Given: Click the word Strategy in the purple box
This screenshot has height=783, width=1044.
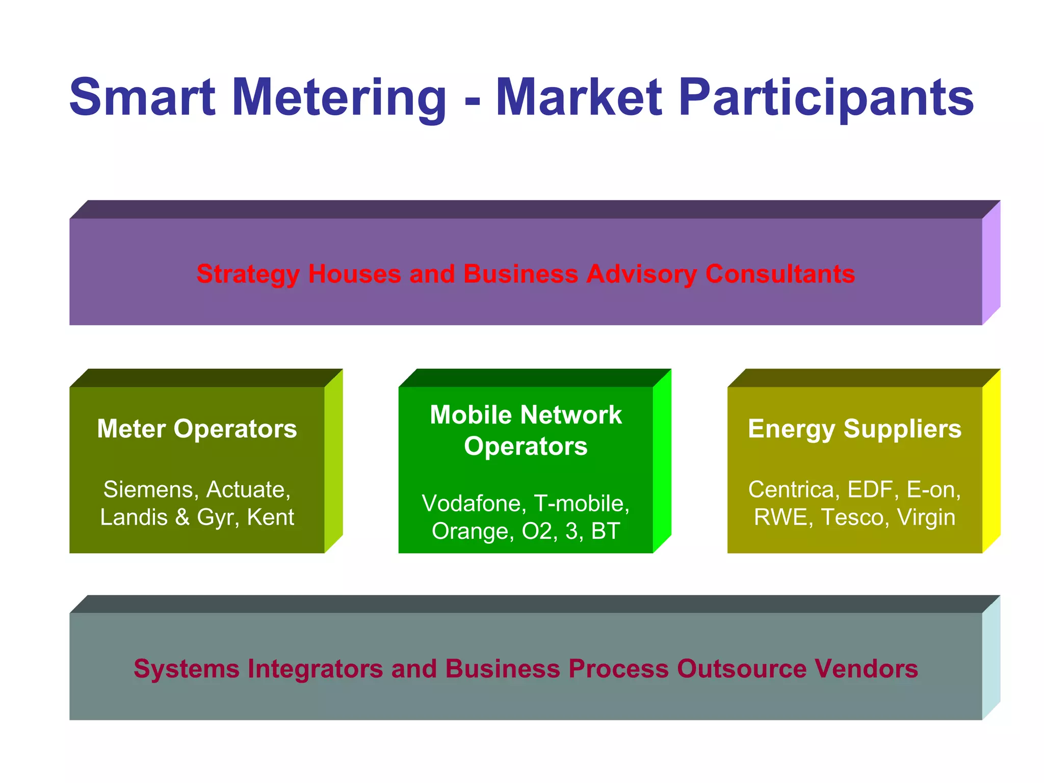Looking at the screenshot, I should click(x=248, y=274).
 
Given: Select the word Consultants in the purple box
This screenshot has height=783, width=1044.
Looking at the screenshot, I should click(x=780, y=274).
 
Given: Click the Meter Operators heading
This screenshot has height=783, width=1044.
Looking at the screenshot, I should click(x=197, y=429).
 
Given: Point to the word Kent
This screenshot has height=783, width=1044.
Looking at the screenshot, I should click(x=270, y=517).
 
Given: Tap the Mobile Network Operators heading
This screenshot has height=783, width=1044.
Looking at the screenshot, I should click(x=526, y=430).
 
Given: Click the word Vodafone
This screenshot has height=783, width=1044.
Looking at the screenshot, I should click(x=474, y=504).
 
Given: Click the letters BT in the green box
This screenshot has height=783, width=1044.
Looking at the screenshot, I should click(x=605, y=531).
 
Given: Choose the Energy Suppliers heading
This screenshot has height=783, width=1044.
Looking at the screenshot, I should click(x=854, y=429).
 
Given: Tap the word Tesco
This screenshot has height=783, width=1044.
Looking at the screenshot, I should click(x=852, y=517).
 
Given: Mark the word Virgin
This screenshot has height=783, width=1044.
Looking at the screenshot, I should click(x=926, y=517).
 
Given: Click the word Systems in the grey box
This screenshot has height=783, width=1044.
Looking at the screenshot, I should click(x=186, y=669).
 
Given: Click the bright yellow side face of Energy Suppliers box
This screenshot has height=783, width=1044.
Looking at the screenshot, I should click(x=991, y=461).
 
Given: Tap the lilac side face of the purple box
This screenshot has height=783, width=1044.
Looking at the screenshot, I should click(x=991, y=263).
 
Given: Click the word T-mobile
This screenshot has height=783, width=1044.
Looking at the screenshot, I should click(x=581, y=504).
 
